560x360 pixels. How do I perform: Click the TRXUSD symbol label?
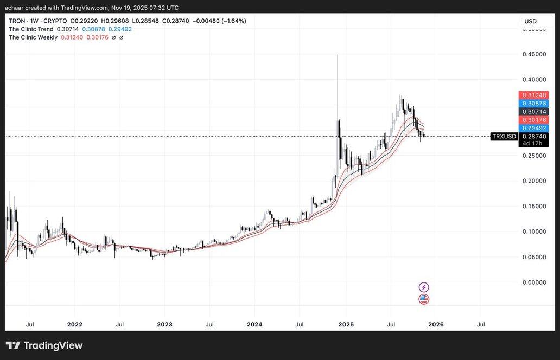point(504,137)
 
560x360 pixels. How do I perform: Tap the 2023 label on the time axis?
point(164,324)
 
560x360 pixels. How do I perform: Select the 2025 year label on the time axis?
point(346,324)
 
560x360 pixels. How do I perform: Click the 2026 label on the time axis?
point(436,324)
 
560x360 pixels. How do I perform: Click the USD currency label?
point(530,21)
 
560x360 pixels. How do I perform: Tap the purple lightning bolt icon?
point(424,287)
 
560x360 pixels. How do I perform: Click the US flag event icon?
point(424,299)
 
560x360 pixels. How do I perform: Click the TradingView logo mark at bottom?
point(13,345)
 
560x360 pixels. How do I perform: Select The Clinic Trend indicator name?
point(31,29)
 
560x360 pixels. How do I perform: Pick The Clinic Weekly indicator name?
point(33,37)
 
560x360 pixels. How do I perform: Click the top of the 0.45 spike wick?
point(338,55)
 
